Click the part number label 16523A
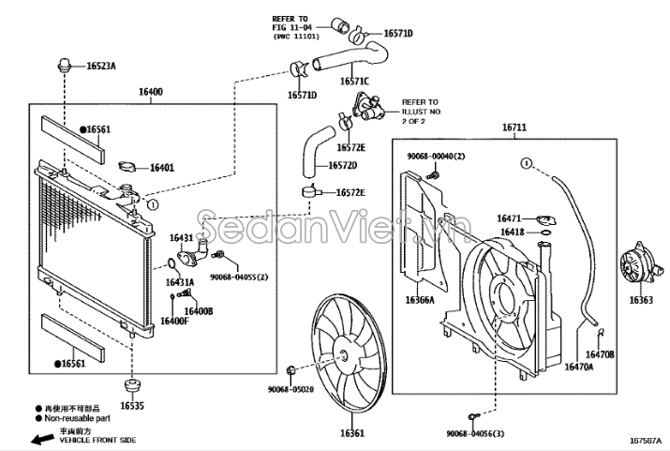[101, 67]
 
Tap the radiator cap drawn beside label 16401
[127, 166]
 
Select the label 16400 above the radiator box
[151, 92]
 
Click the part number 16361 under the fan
[352, 433]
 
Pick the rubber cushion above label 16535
[132, 384]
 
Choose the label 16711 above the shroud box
[514, 128]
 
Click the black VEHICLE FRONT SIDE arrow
[42, 439]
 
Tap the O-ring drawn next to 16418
[545, 233]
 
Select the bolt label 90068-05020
[291, 389]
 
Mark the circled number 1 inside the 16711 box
[527, 163]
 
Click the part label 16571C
[354, 81]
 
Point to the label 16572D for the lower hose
[343, 165]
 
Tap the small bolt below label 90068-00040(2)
[432, 174]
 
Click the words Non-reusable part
[78, 418]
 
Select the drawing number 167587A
[645, 441]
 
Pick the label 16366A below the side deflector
[420, 300]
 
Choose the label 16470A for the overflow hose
[579, 367]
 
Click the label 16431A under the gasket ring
[180, 282]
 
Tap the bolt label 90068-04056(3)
[475, 433]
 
